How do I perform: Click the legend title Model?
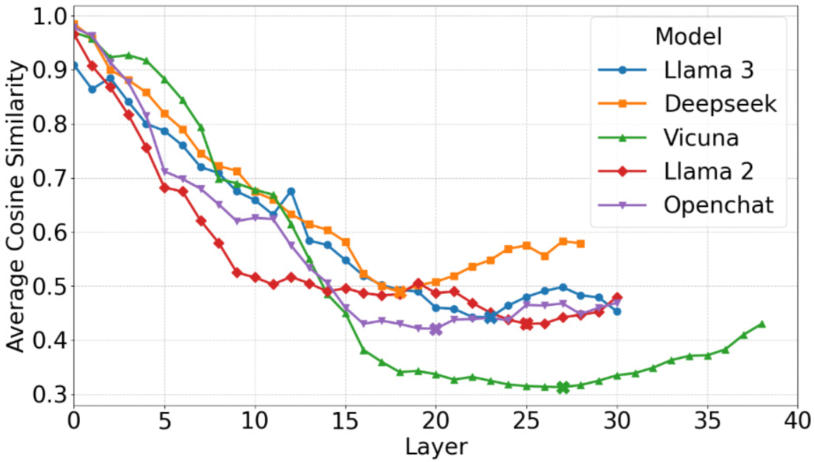(x=688, y=36)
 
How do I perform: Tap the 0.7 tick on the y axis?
(x=49, y=178)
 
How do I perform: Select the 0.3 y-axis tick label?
(x=49, y=394)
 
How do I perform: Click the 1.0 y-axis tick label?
(x=49, y=17)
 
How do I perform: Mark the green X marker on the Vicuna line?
(x=562, y=387)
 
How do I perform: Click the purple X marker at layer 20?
(x=436, y=329)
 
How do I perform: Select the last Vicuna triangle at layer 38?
(x=761, y=324)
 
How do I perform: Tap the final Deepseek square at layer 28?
(x=581, y=244)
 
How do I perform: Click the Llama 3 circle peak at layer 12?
(x=291, y=191)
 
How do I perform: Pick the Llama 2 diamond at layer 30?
(x=617, y=298)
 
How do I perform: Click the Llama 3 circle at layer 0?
(x=74, y=66)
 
